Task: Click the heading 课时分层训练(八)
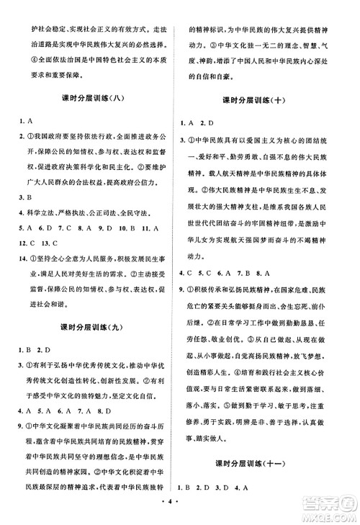(90, 99)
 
